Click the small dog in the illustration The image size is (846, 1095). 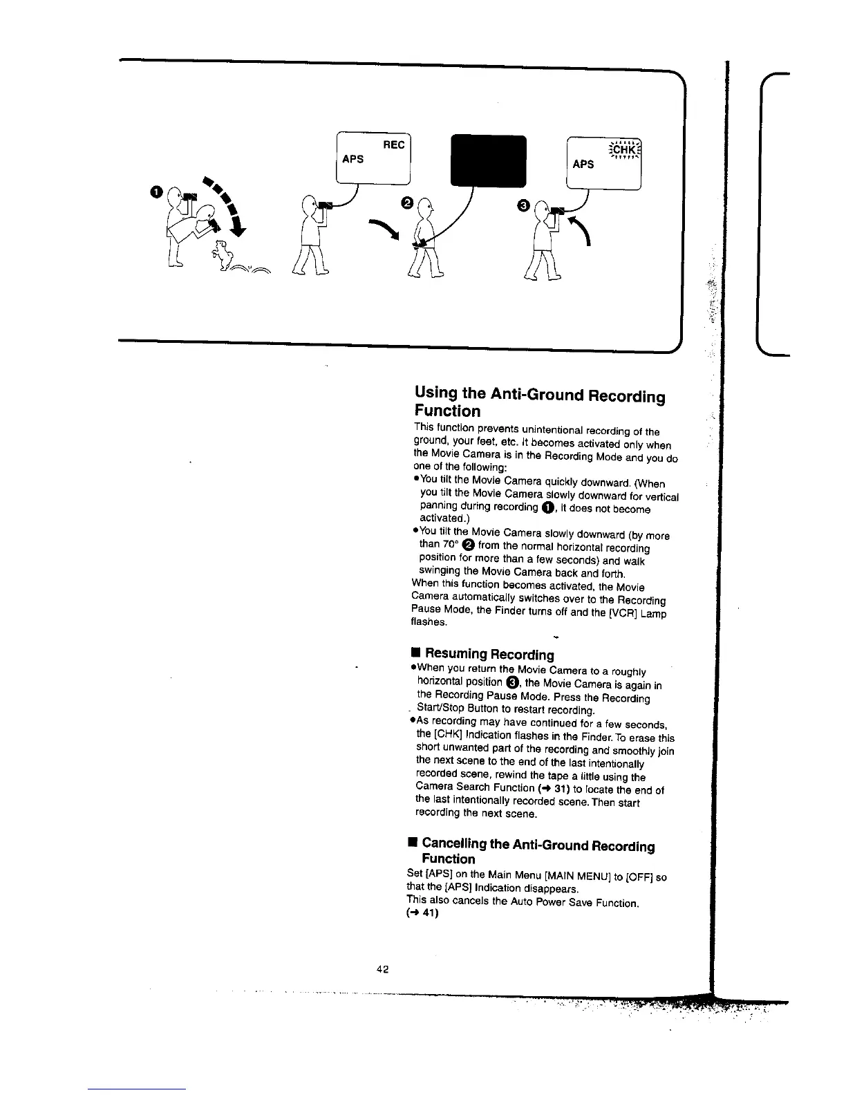tap(221, 253)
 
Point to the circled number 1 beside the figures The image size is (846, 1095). tap(157, 191)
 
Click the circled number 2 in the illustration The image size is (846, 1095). tap(406, 202)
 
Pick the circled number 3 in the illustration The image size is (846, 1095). tap(523, 205)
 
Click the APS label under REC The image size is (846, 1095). tap(353, 159)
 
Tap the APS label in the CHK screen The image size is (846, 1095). tap(583, 164)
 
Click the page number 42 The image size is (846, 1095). tap(382, 969)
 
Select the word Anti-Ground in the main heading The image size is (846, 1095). tap(536, 395)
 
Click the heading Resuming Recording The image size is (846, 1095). tap(489, 654)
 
